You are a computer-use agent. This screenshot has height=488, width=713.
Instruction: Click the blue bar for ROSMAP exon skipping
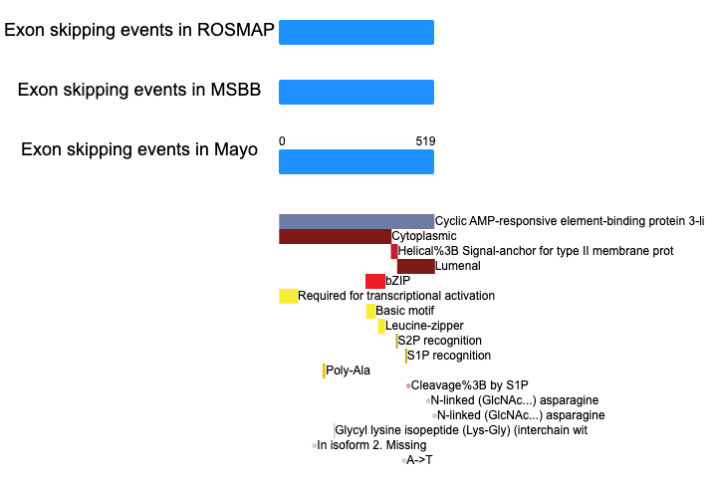tap(356, 32)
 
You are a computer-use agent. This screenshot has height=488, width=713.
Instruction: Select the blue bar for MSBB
tap(356, 92)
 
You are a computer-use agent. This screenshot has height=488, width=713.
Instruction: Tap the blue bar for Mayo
tap(356, 162)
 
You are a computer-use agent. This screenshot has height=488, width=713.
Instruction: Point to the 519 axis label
tap(425, 141)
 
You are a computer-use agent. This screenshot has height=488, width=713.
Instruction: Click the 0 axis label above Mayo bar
tap(282, 141)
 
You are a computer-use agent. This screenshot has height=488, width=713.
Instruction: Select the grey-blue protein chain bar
tap(356, 221)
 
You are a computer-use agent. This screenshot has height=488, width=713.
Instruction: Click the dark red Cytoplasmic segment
tap(336, 236)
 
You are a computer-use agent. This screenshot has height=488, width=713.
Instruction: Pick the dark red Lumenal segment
tap(416, 266)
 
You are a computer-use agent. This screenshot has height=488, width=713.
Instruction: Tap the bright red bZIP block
tap(375, 281)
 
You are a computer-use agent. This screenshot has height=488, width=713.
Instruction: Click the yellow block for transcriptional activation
tap(289, 296)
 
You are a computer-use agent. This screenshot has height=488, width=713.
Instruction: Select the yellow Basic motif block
tap(371, 311)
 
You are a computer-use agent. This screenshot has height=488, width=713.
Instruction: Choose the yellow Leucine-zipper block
tap(381, 326)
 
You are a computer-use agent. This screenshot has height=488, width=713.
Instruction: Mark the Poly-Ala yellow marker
tap(324, 370)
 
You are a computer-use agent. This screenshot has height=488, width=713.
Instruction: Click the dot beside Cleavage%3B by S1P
tap(408, 385)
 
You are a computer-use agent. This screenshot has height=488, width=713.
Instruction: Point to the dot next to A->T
tap(403, 461)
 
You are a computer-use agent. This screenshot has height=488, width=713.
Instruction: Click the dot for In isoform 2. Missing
tap(315, 446)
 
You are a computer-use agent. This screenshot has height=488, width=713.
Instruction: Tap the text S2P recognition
tap(440, 341)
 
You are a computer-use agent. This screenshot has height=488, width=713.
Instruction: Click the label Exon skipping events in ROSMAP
tap(139, 30)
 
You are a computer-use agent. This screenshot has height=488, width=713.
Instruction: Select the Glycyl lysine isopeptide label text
tap(461, 430)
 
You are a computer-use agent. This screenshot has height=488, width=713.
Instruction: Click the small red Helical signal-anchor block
tap(394, 252)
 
